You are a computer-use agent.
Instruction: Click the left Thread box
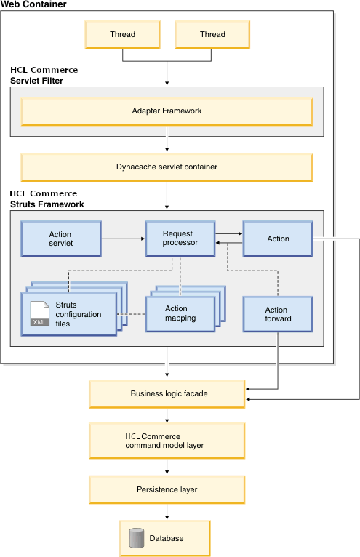[x=122, y=34]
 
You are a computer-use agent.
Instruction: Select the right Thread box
[x=212, y=34]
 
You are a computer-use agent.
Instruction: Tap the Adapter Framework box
[x=167, y=111]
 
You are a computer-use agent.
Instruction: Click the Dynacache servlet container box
[x=167, y=167]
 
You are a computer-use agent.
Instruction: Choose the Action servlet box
[x=60, y=239]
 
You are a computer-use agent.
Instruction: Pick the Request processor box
[x=180, y=239]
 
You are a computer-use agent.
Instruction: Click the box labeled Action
[x=278, y=239]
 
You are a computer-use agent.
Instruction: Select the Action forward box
[x=278, y=314]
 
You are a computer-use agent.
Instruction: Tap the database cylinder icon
[x=135, y=538]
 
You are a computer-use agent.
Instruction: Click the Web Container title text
[x=33, y=4]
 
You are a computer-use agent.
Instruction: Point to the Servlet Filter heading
[x=36, y=81]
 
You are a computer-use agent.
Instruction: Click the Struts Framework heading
[x=47, y=204]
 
